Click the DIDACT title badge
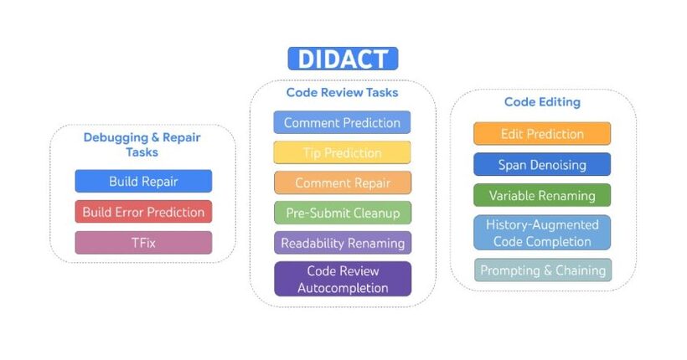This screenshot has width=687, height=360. (x=343, y=59)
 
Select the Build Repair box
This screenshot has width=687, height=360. (x=143, y=182)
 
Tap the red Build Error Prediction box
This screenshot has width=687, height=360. (x=143, y=212)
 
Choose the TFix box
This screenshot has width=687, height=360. (x=143, y=243)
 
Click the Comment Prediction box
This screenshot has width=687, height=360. (x=342, y=122)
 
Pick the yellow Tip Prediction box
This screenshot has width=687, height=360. (x=342, y=153)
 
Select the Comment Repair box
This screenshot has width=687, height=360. (x=343, y=183)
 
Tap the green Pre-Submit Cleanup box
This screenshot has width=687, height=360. (x=343, y=213)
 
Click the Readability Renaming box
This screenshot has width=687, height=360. (x=343, y=243)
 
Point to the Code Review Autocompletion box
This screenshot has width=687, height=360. (x=343, y=279)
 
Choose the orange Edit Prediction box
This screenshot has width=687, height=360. (x=542, y=134)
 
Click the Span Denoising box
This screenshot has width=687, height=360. (x=542, y=165)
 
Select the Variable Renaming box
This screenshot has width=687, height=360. (x=542, y=195)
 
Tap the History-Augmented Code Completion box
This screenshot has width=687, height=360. (x=542, y=233)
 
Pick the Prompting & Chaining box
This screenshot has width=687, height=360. (x=543, y=270)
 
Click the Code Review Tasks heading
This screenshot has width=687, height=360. (x=342, y=92)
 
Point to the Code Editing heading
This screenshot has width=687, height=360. (x=542, y=102)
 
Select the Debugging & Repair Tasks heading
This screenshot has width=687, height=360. (x=142, y=145)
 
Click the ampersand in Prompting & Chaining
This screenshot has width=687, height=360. (x=547, y=270)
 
